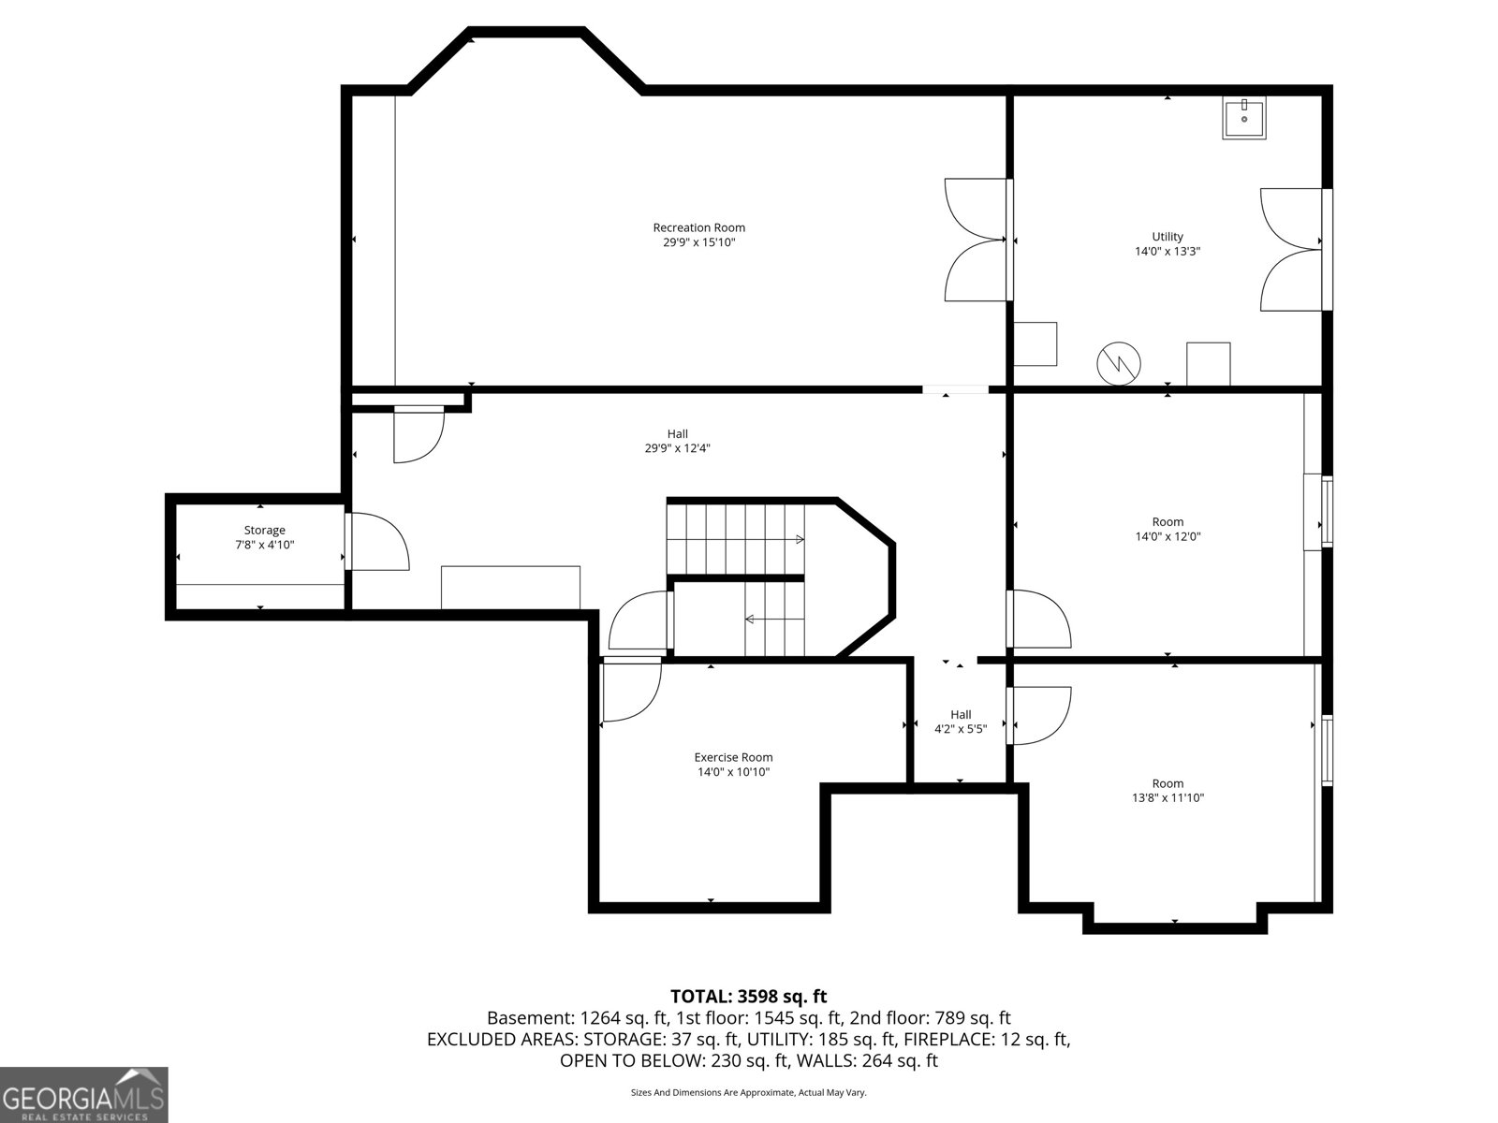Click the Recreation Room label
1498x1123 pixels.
click(x=698, y=227)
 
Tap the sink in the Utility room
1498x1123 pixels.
click(x=1243, y=119)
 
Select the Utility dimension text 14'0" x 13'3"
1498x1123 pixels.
click(x=1167, y=251)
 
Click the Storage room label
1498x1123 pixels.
click(x=264, y=530)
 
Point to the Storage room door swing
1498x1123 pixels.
click(x=379, y=543)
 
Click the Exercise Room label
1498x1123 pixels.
click(x=733, y=757)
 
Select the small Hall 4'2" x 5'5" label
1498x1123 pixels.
click(x=961, y=722)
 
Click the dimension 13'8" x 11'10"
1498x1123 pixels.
click(x=1168, y=798)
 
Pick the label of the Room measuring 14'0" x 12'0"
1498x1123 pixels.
click(x=1168, y=521)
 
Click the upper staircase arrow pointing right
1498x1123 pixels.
click(x=799, y=539)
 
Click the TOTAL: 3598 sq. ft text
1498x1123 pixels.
click(x=748, y=997)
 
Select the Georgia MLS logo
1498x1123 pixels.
click(x=84, y=1094)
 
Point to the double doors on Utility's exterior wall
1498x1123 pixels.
click(x=1293, y=249)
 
